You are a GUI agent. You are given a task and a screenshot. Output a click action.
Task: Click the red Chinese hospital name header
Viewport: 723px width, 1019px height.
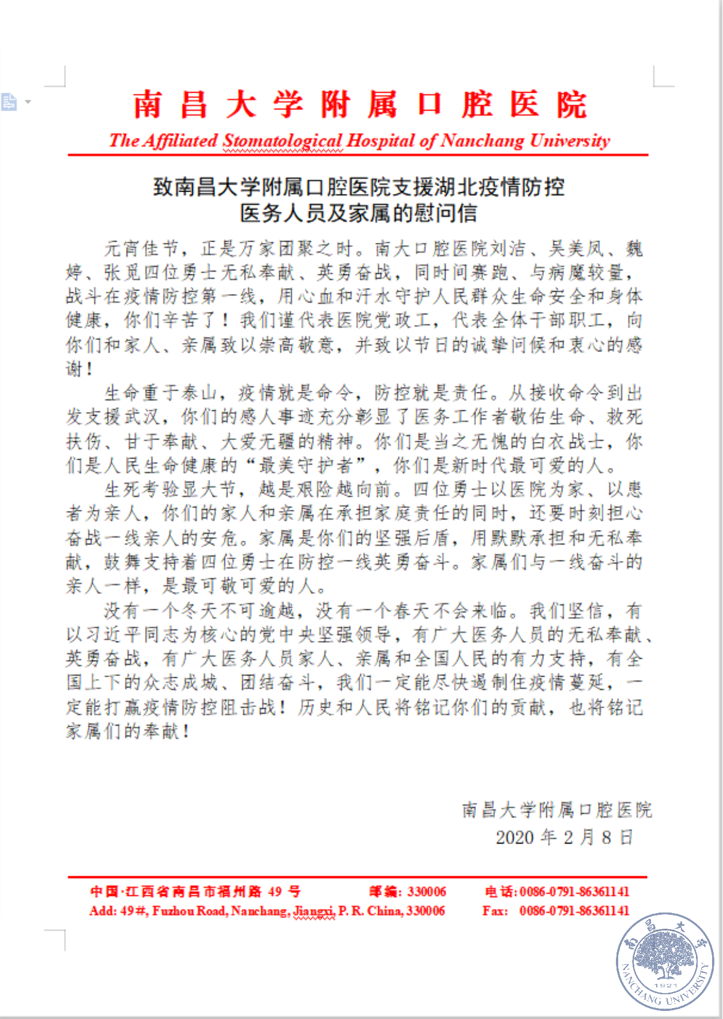[360, 105]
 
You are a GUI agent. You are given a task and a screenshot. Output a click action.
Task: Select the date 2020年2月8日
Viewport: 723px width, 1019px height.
[564, 837]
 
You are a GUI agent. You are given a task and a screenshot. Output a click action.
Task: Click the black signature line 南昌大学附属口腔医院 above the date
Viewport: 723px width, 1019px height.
[557, 810]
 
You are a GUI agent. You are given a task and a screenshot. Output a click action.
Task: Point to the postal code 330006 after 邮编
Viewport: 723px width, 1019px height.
[427, 892]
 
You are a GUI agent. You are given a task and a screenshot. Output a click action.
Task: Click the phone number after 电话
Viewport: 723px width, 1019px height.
[574, 892]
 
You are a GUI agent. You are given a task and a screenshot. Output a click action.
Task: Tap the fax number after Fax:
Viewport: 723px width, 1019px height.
[574, 911]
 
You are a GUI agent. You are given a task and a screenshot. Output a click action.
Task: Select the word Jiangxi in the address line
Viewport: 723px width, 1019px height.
[314, 911]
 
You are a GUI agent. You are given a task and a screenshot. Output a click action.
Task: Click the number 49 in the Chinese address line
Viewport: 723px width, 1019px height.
[275, 892]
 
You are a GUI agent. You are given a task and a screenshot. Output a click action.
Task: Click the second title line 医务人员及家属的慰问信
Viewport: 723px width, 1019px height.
[359, 213]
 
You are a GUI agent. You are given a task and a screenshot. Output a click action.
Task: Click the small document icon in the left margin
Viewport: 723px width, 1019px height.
[9, 102]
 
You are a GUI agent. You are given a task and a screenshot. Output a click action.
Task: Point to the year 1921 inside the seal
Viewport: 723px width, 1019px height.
[666, 985]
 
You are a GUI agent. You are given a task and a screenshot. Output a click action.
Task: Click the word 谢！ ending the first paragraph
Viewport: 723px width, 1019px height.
[79, 369]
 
